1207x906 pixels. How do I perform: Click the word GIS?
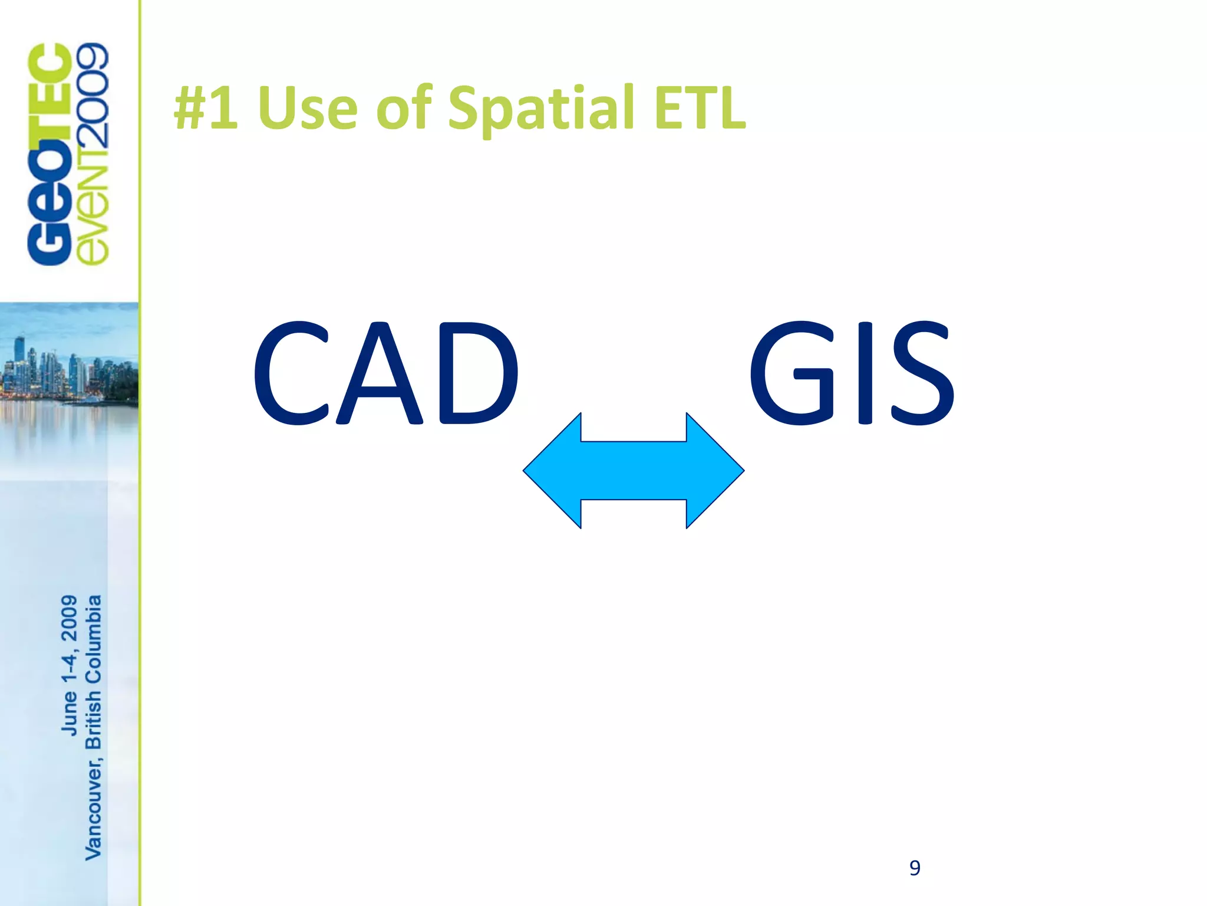[x=851, y=373]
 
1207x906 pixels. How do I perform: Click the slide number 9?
[x=915, y=868]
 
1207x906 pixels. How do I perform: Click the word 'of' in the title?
[x=404, y=107]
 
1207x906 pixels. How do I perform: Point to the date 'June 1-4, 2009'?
[x=70, y=665]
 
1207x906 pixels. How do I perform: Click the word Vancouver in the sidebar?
[x=93, y=811]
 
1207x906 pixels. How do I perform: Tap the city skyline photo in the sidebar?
[x=68, y=372]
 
